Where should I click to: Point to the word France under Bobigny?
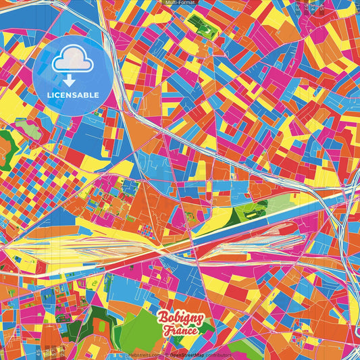[x=180, y=331]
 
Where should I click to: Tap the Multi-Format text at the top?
[x=180, y=3]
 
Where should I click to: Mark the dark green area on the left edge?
[x=5, y=145]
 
